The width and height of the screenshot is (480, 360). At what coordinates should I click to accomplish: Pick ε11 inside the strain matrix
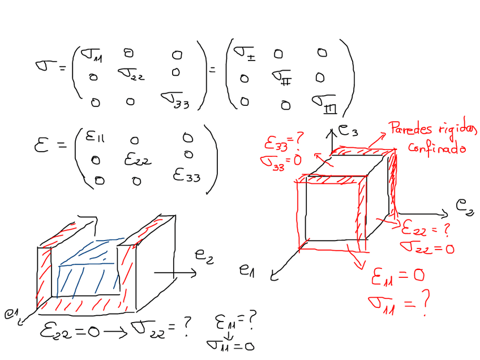(x=96, y=137)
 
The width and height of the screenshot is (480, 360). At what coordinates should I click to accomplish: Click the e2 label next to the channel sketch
(x=204, y=255)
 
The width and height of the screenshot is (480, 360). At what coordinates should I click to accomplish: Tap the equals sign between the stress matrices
(x=213, y=70)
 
